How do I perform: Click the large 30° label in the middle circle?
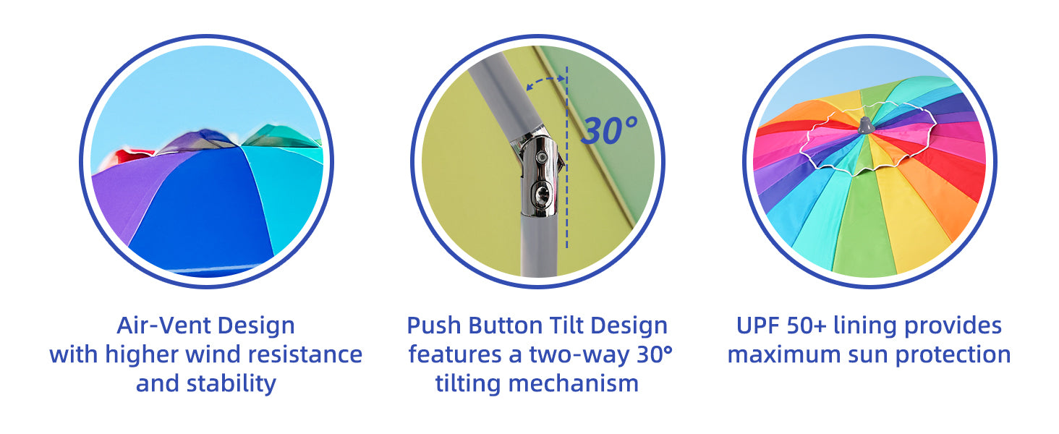(x=609, y=130)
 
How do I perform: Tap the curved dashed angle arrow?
(x=545, y=80)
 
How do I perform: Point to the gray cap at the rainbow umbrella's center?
(x=865, y=125)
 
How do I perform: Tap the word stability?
(x=231, y=383)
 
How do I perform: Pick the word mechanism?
(x=573, y=383)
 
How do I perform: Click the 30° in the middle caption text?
(x=655, y=354)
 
